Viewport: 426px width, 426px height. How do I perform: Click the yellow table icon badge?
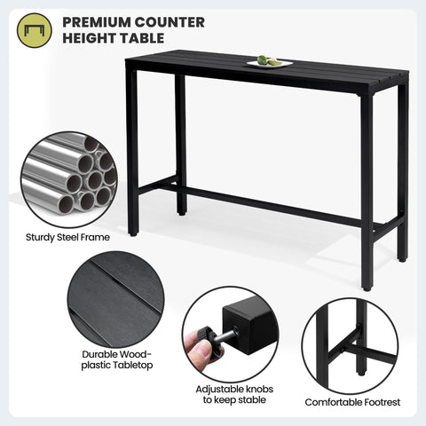point(35,29)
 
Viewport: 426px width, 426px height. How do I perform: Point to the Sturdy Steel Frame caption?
point(66,237)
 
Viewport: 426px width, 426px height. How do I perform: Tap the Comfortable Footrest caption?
point(352,402)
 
